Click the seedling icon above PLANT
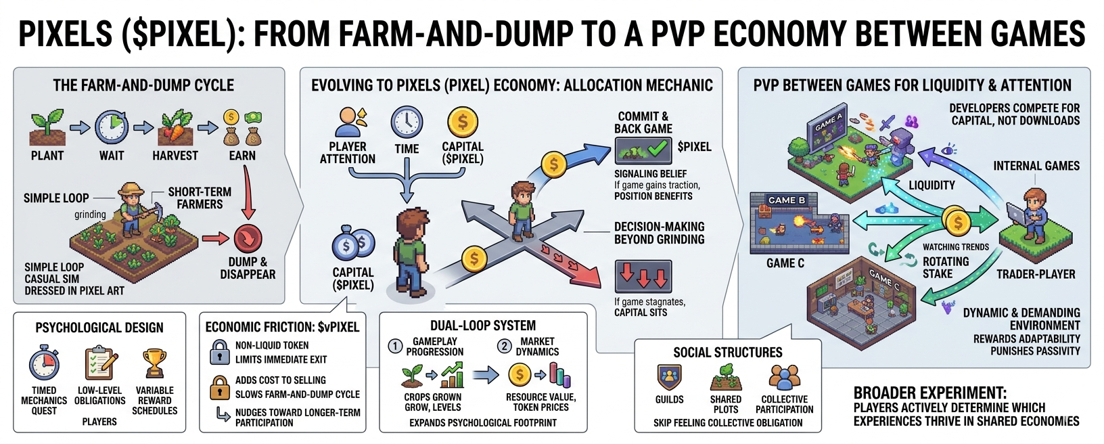[47, 127]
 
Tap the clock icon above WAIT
[112, 127]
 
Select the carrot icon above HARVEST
[176, 127]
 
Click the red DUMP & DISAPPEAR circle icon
[248, 238]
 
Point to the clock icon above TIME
[407, 123]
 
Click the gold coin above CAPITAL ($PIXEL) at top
[463, 123]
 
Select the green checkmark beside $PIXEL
[656, 147]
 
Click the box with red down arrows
[643, 276]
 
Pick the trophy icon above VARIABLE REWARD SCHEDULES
[154, 363]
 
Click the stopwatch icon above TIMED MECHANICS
[45, 363]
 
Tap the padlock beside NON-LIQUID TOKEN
[219, 352]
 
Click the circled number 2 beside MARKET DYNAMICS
[504, 346]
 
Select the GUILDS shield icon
[669, 378]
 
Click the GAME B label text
[786, 200]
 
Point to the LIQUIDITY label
[931, 185]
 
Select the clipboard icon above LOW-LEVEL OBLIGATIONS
[100, 363]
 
